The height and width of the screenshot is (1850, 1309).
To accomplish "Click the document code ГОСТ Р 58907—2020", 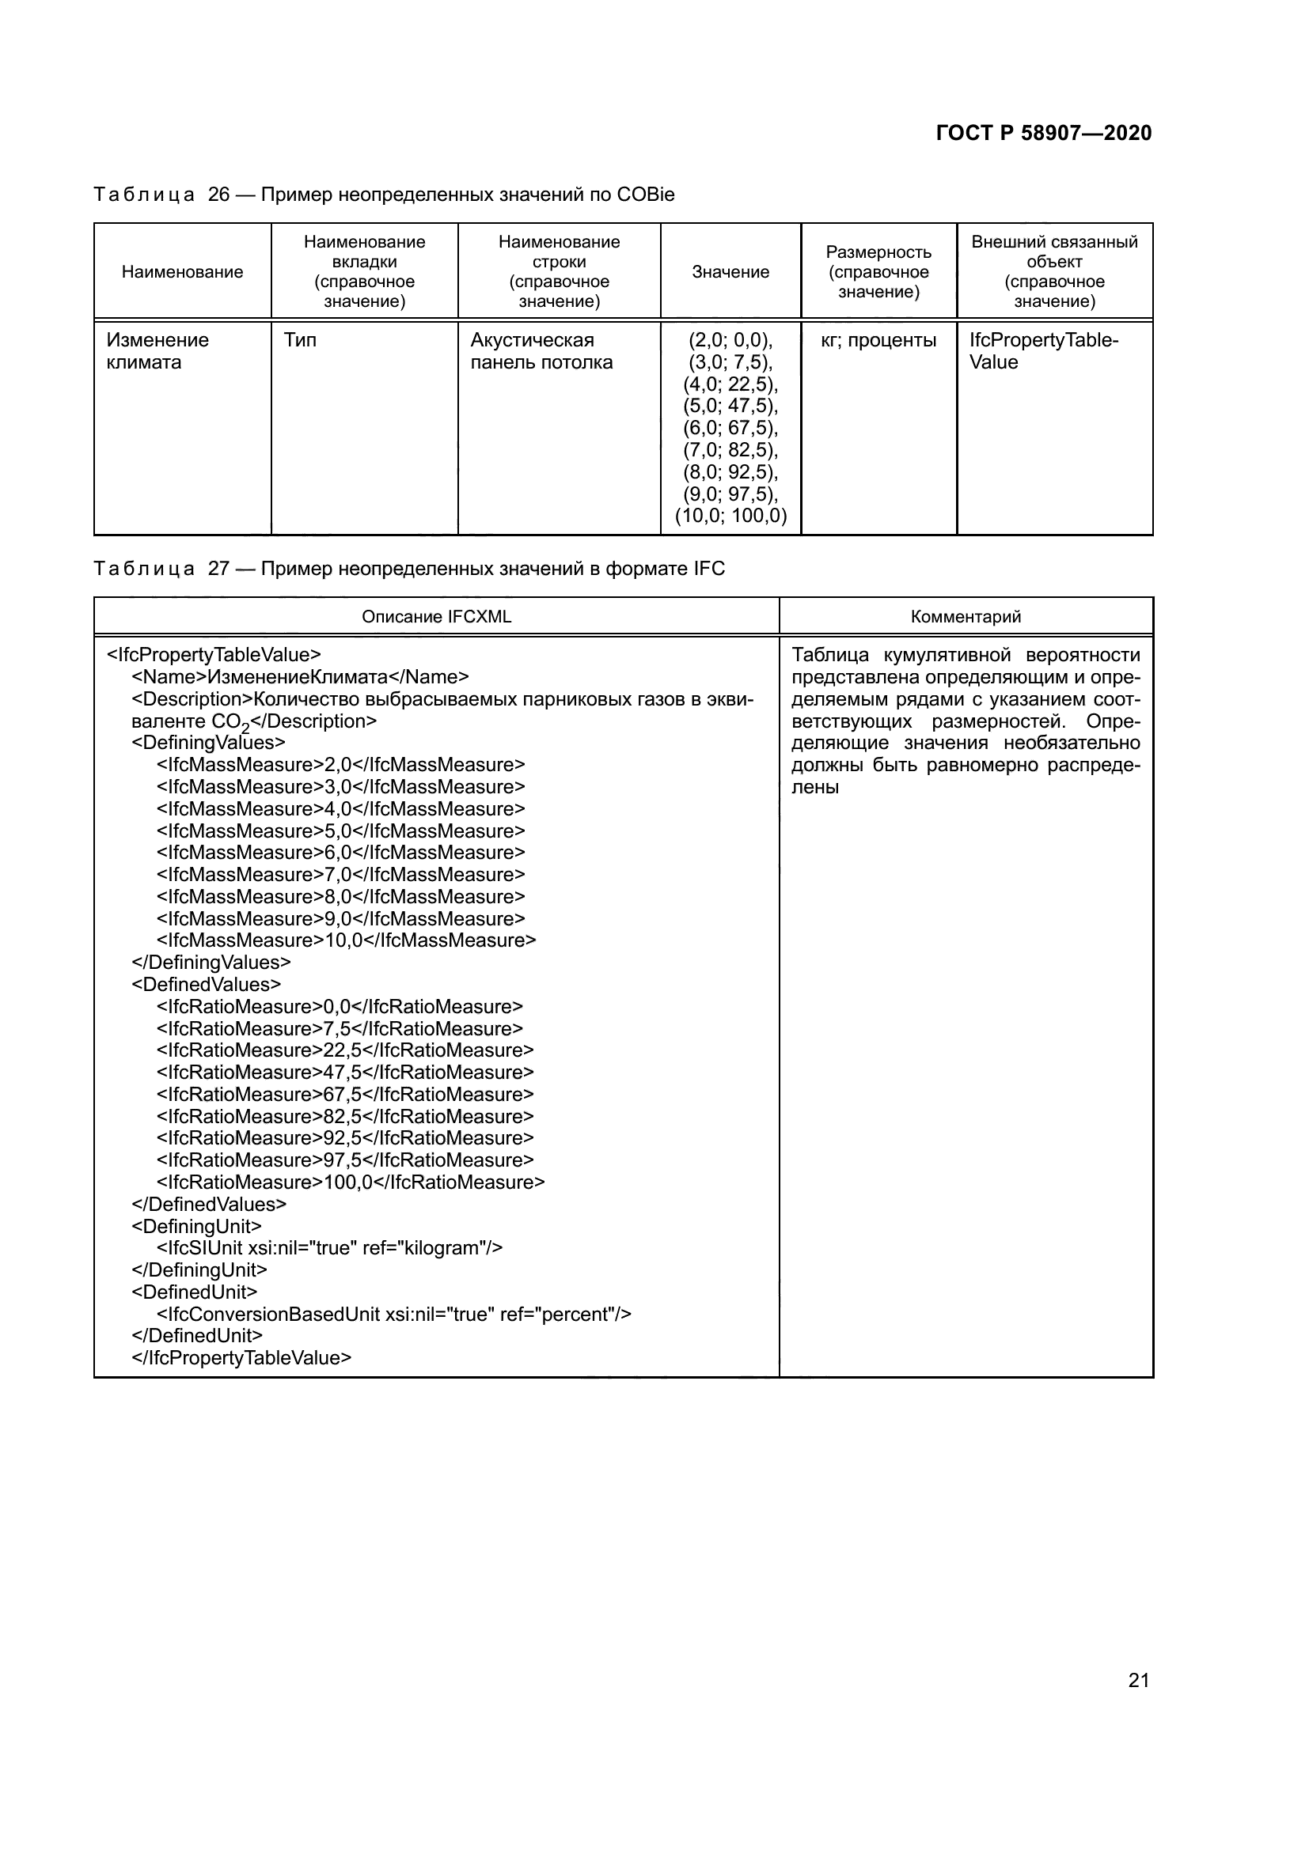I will [1043, 133].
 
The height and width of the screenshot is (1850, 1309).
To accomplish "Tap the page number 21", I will [1138, 1680].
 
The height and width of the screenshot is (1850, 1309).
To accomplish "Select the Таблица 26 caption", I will [384, 195].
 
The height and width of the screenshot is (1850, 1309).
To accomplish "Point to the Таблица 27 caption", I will [408, 569].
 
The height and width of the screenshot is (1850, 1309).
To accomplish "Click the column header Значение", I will [730, 272].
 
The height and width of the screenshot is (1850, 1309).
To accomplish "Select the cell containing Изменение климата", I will [158, 351].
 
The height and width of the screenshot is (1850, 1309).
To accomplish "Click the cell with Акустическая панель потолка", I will [541, 351].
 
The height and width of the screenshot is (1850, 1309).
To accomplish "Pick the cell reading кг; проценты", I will [878, 340].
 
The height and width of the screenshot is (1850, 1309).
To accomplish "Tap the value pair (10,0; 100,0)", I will [730, 516].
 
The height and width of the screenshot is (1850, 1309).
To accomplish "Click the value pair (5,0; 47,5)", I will [730, 406].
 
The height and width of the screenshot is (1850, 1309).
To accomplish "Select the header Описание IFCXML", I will [436, 616].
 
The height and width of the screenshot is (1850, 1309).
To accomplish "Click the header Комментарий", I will [966, 616].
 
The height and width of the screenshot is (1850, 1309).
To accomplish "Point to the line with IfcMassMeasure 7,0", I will [340, 874].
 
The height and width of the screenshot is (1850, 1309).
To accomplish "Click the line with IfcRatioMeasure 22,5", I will [345, 1050].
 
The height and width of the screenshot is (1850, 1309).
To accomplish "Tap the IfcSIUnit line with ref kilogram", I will [329, 1248].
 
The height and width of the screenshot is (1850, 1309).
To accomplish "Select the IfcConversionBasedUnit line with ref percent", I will [393, 1315].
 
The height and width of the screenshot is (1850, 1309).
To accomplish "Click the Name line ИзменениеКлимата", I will [300, 677].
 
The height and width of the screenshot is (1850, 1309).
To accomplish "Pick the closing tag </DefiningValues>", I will [211, 962].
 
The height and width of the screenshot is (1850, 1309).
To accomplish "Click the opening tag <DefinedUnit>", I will [194, 1292].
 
